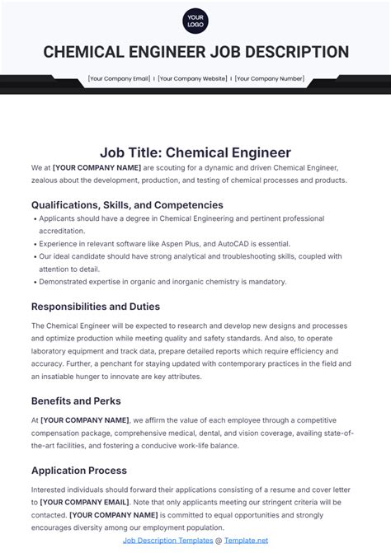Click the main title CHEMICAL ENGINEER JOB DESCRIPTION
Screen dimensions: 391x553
click(195, 52)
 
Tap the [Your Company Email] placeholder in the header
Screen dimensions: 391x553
click(119, 79)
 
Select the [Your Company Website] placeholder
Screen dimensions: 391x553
click(191, 79)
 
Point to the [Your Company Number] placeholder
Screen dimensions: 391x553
click(269, 79)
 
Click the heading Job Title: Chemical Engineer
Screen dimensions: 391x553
click(195, 152)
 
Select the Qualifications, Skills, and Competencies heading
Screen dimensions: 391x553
click(127, 204)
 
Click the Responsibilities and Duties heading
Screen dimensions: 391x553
click(96, 306)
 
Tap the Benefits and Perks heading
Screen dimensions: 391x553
click(76, 401)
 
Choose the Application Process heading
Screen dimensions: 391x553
click(79, 471)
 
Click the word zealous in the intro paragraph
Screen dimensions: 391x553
click(49, 180)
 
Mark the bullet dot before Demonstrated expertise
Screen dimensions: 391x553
click(35, 282)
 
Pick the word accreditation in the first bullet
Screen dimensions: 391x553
click(62, 232)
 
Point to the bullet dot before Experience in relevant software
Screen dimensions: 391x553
click(35, 244)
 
